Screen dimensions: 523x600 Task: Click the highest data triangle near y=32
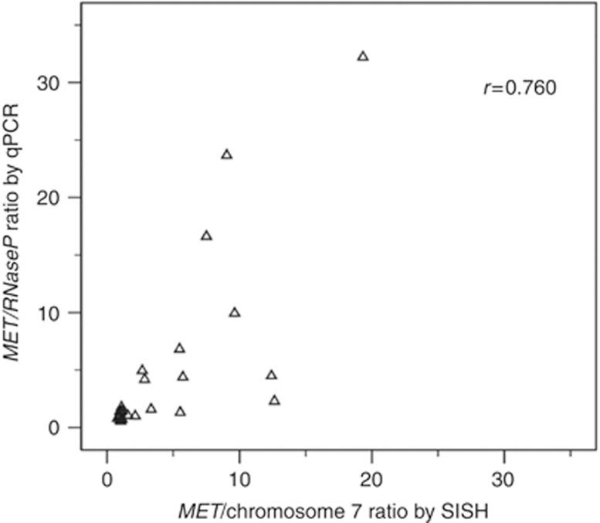[363, 56]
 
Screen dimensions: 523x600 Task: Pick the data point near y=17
[206, 236]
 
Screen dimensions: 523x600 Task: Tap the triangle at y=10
[235, 313]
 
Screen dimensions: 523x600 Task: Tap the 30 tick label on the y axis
[56, 83]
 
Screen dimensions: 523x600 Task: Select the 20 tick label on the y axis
[56, 198]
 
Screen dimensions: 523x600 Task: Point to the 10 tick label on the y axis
[56, 313]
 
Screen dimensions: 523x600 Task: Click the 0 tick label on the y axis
[62, 428]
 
